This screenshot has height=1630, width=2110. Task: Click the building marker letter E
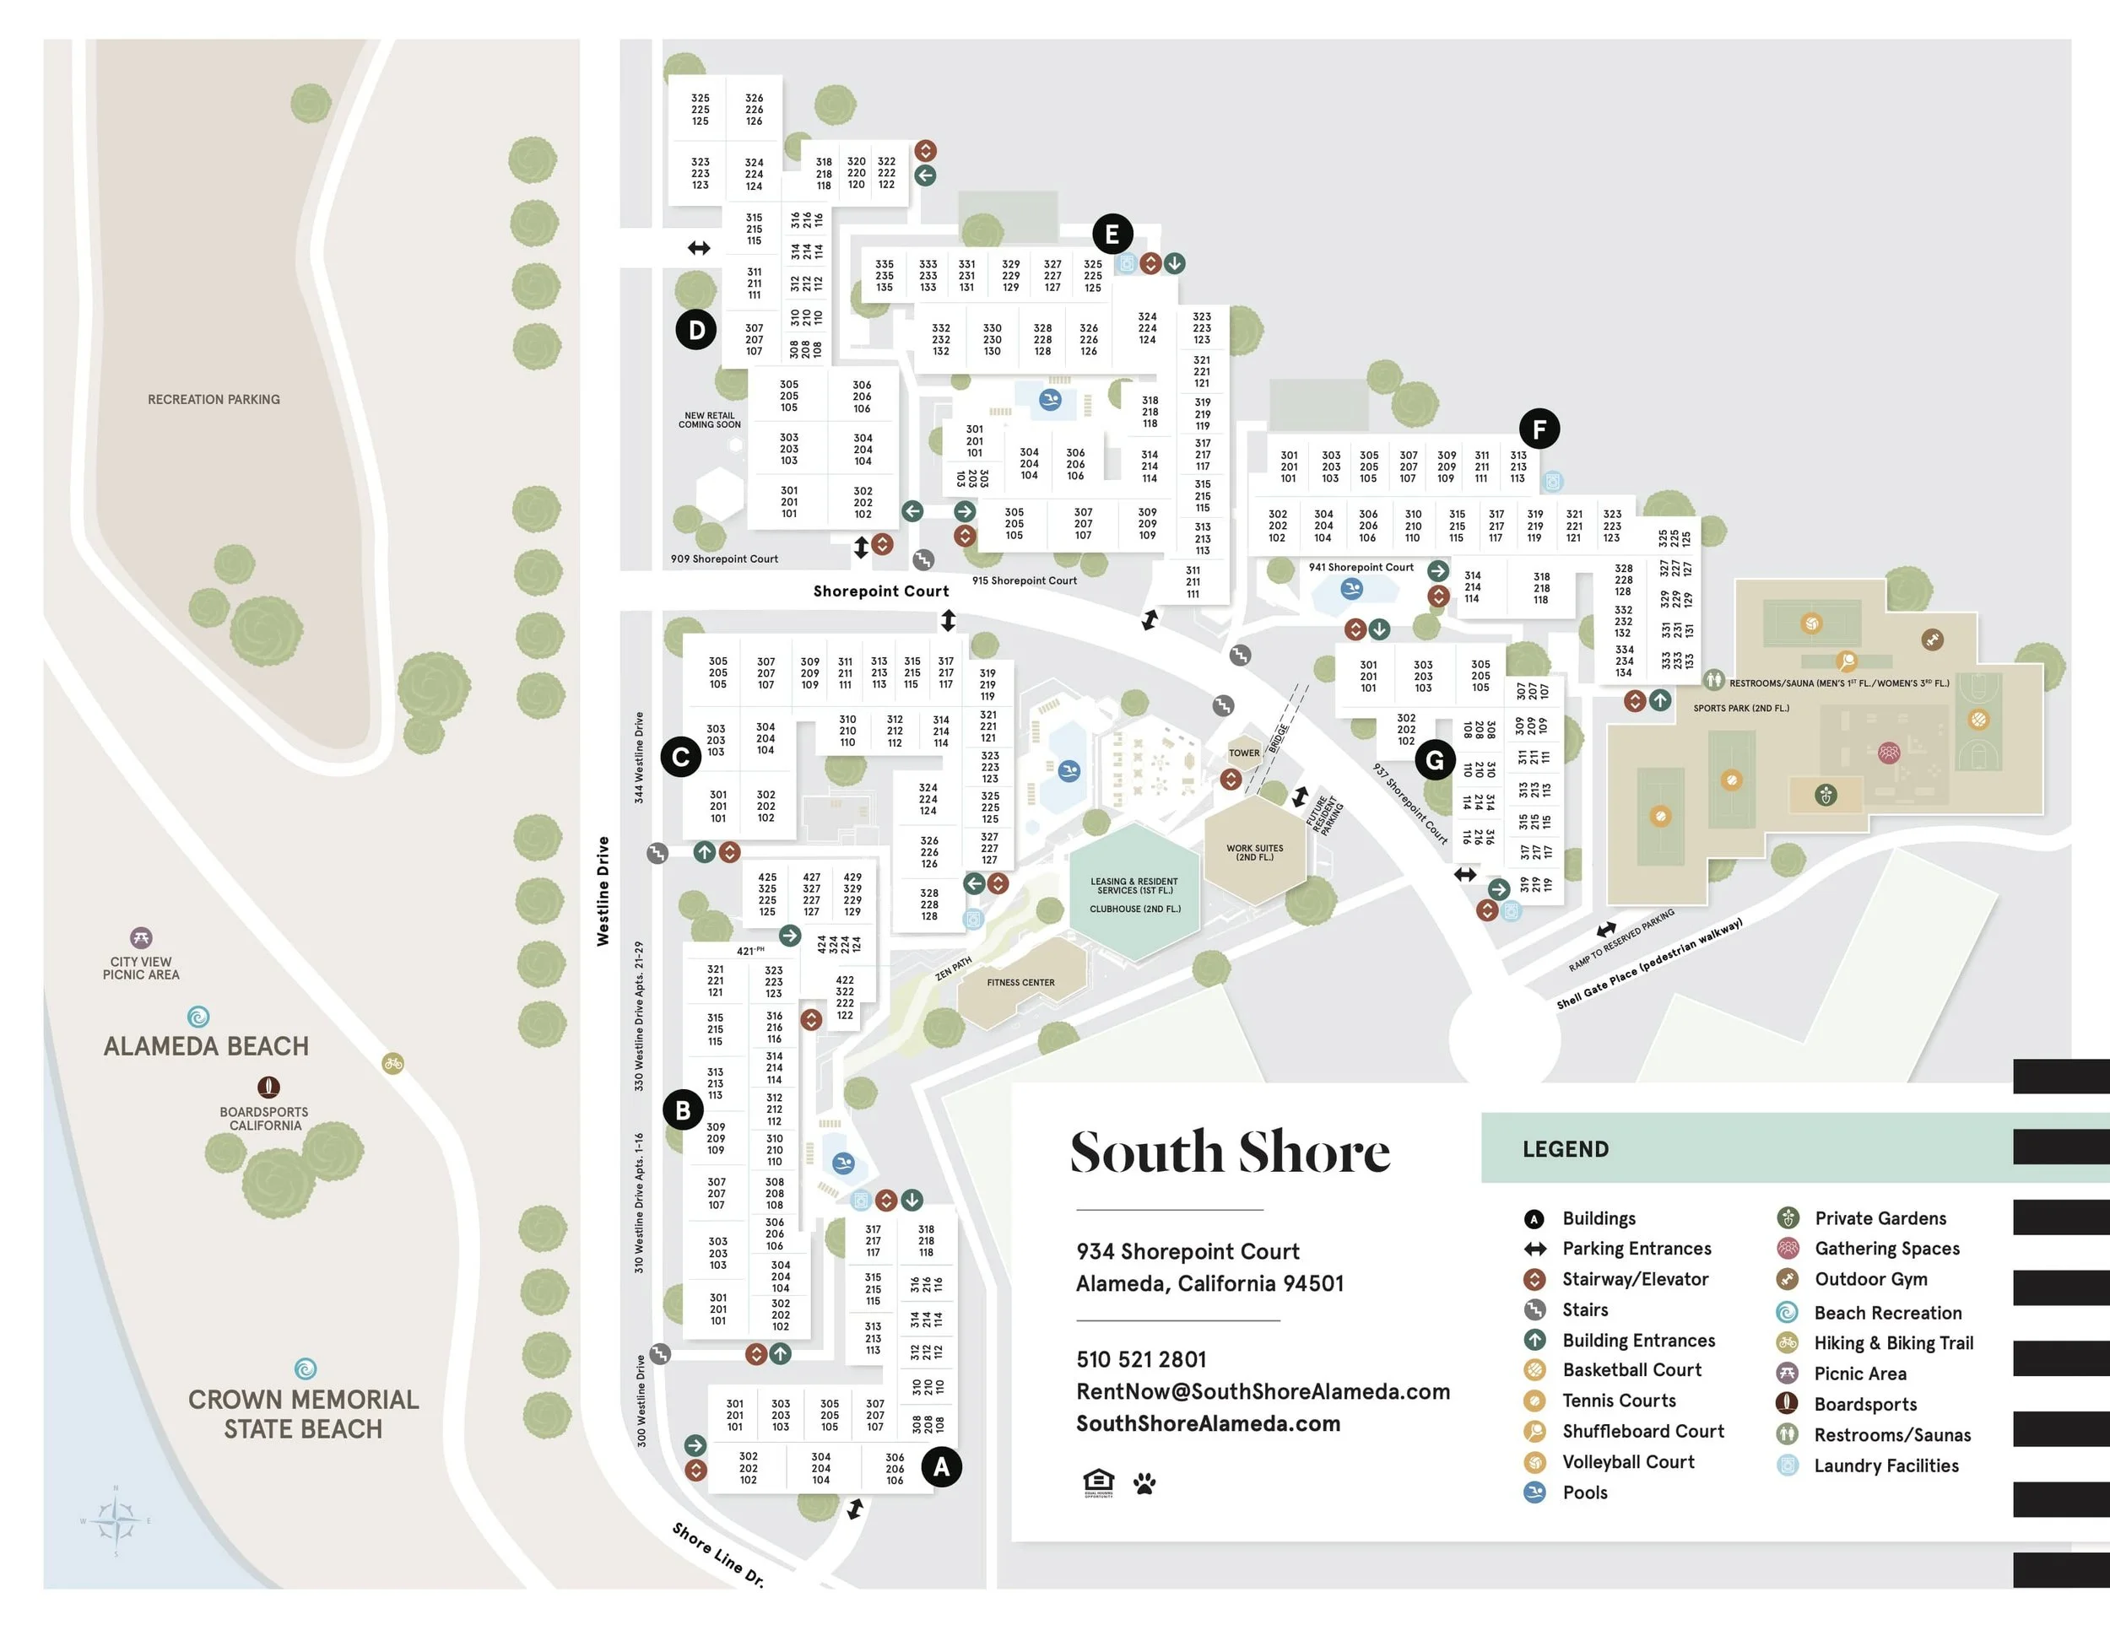(x=1112, y=234)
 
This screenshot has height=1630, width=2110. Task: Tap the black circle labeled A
(x=941, y=1468)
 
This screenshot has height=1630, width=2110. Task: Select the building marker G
(x=1435, y=761)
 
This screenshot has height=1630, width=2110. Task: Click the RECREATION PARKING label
(x=214, y=400)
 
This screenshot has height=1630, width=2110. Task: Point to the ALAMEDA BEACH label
(x=206, y=1047)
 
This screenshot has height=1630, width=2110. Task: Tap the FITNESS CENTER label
(x=1020, y=983)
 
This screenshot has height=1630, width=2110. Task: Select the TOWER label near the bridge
(x=1243, y=753)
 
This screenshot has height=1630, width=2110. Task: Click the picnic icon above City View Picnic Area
(x=141, y=937)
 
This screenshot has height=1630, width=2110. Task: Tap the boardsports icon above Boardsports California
(x=268, y=1088)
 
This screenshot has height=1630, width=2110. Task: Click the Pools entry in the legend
(x=1584, y=1492)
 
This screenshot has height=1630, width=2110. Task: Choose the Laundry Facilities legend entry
(x=1885, y=1465)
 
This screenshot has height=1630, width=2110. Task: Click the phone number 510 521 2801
(x=1141, y=1360)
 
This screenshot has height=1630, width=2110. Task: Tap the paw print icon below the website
(x=1144, y=1483)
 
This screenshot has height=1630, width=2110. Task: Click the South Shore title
(x=1229, y=1152)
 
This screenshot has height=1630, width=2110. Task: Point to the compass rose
(x=116, y=1521)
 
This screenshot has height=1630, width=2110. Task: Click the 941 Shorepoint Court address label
(x=1361, y=568)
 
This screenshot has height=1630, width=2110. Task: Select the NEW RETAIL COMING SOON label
(x=709, y=420)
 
